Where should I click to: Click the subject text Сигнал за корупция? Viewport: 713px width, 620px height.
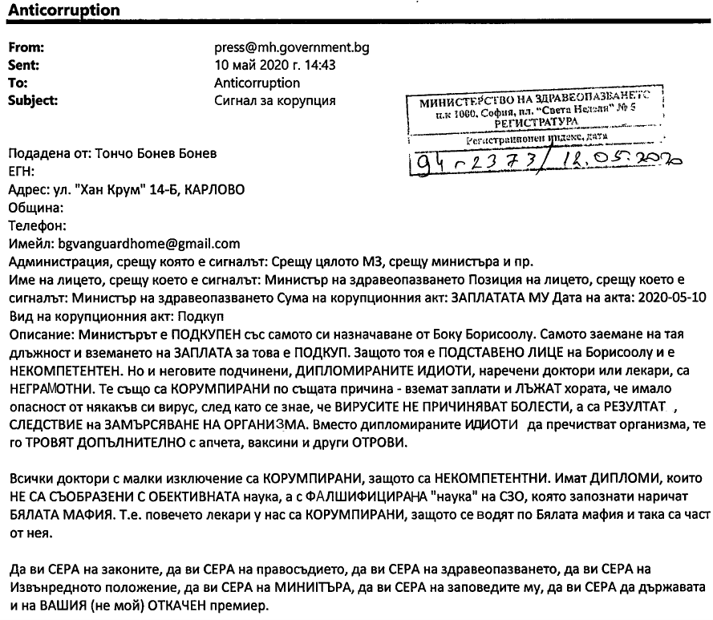275,100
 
